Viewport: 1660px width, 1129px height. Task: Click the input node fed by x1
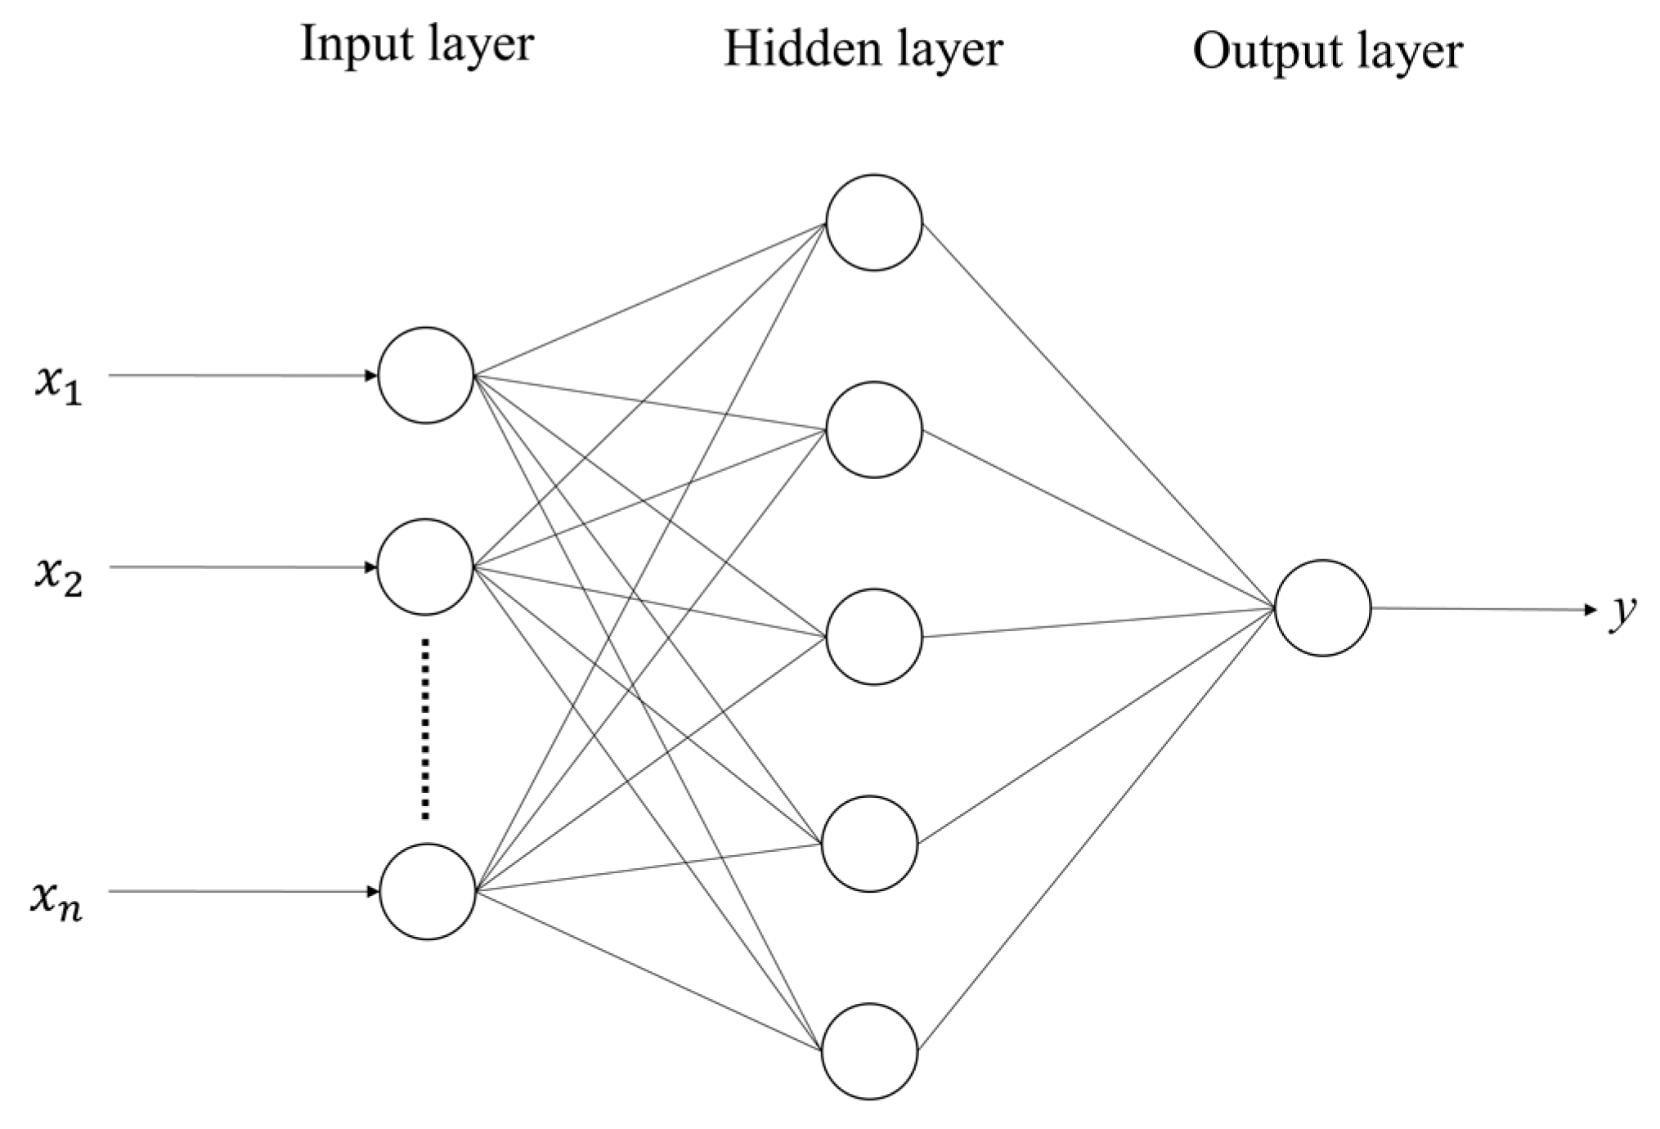(426, 375)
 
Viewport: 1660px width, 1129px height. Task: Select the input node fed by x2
(426, 567)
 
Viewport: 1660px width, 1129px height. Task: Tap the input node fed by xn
(428, 892)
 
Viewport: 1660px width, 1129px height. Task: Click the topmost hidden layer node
(874, 222)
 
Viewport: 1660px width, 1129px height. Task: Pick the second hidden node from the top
(874, 430)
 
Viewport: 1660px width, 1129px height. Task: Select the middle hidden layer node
(874, 637)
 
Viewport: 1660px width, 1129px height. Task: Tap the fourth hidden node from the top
(870, 844)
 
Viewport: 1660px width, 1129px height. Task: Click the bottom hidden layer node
(870, 1051)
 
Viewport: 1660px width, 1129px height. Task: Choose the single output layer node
(1322, 608)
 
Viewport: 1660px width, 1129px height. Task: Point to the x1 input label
(58, 384)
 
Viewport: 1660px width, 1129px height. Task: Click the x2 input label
(58, 576)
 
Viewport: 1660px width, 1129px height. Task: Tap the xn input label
(56, 902)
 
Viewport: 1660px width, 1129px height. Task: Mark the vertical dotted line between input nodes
(424, 729)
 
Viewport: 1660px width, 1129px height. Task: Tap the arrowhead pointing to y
(1590, 610)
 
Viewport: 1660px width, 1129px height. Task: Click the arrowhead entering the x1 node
(371, 376)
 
